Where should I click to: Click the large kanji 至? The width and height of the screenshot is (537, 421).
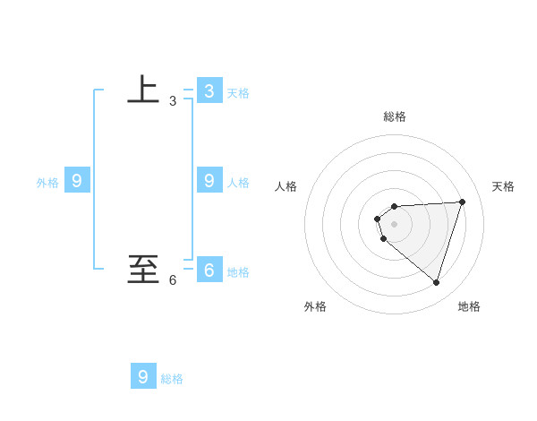coord(143,268)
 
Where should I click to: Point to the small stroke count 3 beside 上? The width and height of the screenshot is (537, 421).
coord(173,101)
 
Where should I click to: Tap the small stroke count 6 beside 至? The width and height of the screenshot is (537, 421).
coord(173,280)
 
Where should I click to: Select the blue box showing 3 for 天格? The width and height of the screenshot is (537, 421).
coord(209,90)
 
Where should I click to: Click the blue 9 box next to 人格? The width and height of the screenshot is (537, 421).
coord(209,180)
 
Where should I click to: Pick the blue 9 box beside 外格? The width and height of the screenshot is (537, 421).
coord(77,180)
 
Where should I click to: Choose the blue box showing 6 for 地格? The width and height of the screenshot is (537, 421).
coord(209,270)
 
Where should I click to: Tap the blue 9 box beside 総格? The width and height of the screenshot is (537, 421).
coord(143,376)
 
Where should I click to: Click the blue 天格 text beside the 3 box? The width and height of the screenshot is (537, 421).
coord(238,93)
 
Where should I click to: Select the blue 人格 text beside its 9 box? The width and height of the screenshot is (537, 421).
coord(238,183)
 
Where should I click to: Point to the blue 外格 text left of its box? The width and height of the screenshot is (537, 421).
coord(47,183)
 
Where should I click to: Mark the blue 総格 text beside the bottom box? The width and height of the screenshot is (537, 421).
coord(172,379)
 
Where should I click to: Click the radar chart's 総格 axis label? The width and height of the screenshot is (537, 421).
coord(395,116)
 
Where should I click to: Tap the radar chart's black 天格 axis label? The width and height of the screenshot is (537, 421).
coord(504,186)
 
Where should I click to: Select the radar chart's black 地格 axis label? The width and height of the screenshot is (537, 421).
coord(469,306)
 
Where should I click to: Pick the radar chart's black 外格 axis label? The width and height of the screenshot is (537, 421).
coord(315,306)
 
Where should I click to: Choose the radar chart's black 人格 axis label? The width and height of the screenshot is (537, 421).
coord(286,186)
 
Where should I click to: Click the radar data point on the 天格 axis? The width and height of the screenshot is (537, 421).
coord(463,202)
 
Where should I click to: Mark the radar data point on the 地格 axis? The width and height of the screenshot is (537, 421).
coord(437,283)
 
